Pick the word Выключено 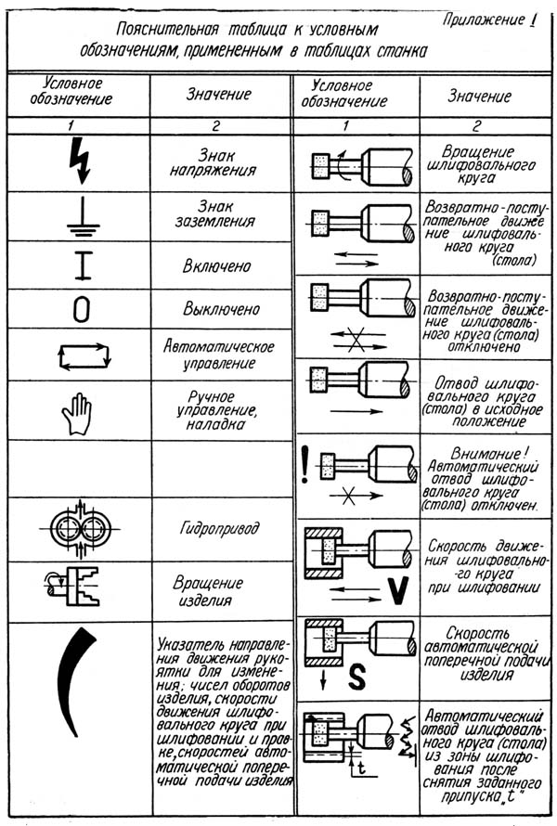coord(219,308)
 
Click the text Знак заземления coord(221,213)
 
